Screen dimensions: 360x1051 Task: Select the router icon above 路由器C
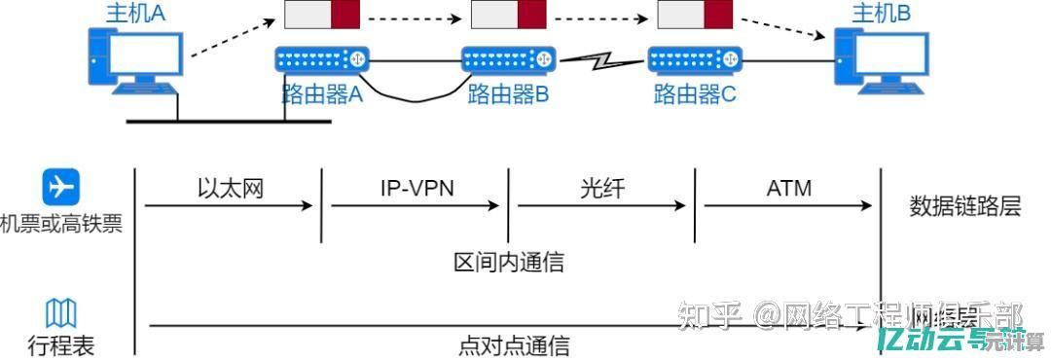695,60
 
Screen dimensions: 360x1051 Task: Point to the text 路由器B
509,94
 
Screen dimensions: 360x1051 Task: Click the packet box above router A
322,14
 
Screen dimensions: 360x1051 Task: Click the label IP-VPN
417,187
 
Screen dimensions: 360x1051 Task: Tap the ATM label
788,187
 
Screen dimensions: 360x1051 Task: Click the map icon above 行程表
61,313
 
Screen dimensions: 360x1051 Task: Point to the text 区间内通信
509,262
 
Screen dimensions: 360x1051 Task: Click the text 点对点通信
513,345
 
